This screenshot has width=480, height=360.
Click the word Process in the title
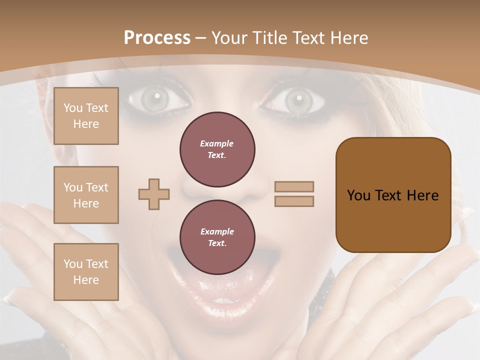point(157,38)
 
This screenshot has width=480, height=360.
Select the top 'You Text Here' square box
point(86,116)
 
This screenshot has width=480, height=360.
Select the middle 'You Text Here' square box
point(86,195)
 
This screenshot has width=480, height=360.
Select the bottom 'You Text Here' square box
point(86,272)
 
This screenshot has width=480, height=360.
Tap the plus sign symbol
point(154,194)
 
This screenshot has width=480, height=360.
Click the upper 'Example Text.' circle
point(217,149)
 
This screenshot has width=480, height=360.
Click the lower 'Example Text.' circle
point(217,237)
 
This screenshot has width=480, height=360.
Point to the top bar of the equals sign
point(294,186)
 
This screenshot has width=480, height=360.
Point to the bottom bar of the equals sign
point(294,201)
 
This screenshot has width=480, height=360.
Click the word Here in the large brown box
point(422,195)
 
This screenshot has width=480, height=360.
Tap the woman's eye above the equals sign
point(298,99)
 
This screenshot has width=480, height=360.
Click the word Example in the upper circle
point(217,143)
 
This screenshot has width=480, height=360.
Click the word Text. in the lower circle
point(217,243)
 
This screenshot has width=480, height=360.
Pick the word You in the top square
point(72,108)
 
